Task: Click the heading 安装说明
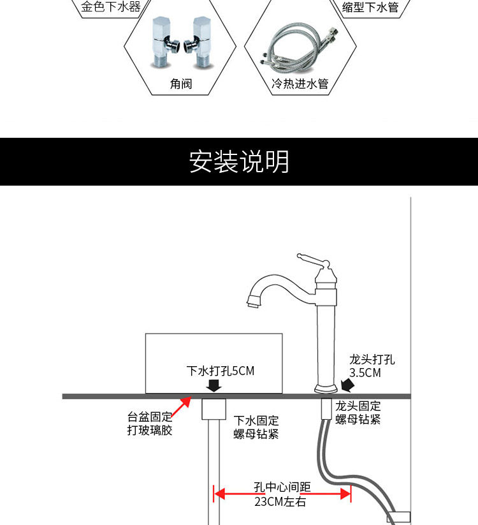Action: pyautogui.click(x=239, y=162)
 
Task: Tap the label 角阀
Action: pyautogui.click(x=181, y=84)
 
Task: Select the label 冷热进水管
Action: pyautogui.click(x=300, y=84)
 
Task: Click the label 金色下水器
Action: pyautogui.click(x=111, y=8)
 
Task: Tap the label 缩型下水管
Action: pyautogui.click(x=370, y=8)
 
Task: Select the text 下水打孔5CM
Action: pyautogui.click(x=220, y=371)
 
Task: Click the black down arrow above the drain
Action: pyautogui.click(x=215, y=385)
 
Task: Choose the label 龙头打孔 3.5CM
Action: pyautogui.click(x=371, y=366)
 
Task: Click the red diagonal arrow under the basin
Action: pyautogui.click(x=182, y=406)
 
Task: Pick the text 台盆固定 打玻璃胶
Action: pyautogui.click(x=150, y=424)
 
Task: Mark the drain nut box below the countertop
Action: pyautogui.click(x=214, y=409)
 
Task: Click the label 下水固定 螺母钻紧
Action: pyautogui.click(x=256, y=427)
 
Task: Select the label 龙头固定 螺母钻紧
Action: pyautogui.click(x=358, y=412)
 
